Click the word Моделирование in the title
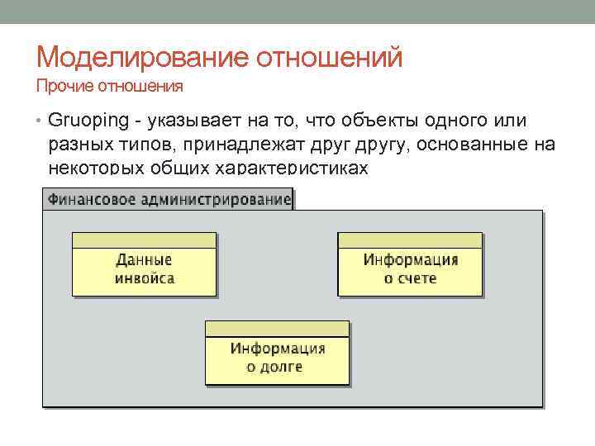tap(144, 58)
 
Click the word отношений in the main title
tap(331, 58)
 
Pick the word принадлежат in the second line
tap(241, 145)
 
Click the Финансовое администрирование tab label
tap(169, 199)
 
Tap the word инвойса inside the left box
tap(144, 278)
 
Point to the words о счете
tap(410, 278)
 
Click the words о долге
tap(275, 367)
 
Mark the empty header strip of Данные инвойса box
tap(144, 240)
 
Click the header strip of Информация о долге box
tap(277, 329)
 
